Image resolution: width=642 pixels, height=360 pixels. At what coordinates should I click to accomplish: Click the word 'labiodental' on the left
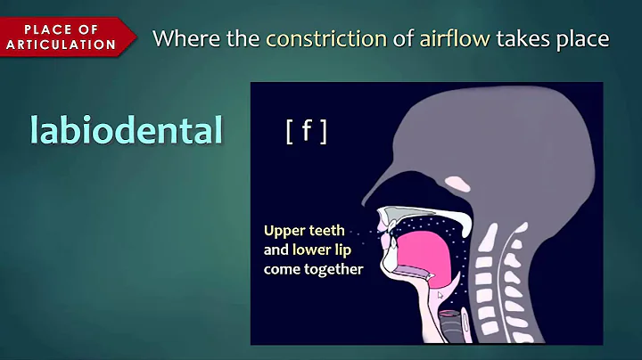[125, 130]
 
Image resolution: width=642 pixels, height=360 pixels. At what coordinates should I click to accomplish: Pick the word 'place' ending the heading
[585, 38]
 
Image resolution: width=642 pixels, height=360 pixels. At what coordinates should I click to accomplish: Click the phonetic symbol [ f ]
[306, 132]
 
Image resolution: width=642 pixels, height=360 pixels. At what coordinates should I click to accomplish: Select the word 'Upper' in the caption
[284, 229]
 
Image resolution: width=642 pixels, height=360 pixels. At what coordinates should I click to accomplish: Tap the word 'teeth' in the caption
[325, 229]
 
